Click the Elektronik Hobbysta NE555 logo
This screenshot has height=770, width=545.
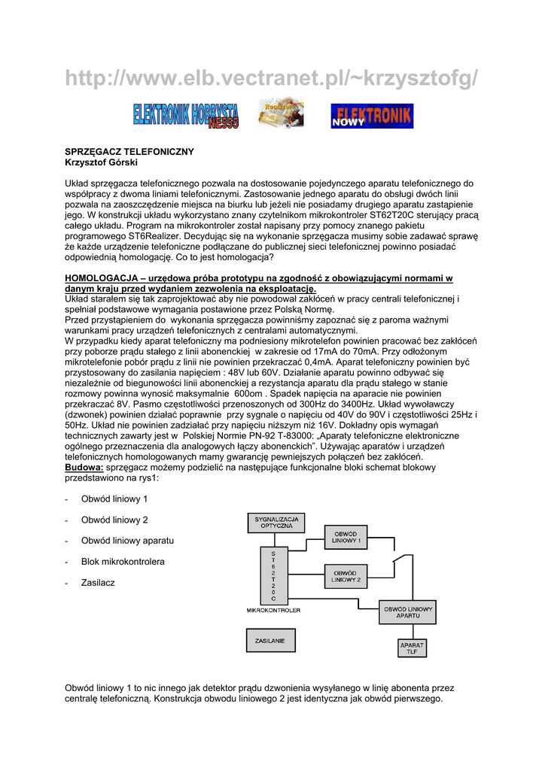coord(185,115)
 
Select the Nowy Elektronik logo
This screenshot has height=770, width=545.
coord(372,116)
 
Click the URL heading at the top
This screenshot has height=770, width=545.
coord(272,77)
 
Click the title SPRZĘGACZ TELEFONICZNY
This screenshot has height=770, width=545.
coord(129,152)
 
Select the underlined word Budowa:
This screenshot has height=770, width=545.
coord(84,467)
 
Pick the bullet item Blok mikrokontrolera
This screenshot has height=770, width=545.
coord(123,562)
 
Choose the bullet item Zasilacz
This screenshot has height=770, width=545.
coord(98,583)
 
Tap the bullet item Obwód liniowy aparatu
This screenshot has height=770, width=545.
coord(127,541)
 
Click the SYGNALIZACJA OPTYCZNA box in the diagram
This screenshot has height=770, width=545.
coord(276,523)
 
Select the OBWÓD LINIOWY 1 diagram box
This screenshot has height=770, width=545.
coord(346,537)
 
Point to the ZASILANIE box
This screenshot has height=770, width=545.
coord(271,640)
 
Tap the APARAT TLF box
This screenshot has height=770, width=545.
coord(412,648)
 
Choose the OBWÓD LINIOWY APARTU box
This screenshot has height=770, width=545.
coord(408,612)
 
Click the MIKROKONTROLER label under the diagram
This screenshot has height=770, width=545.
coord(273,611)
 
